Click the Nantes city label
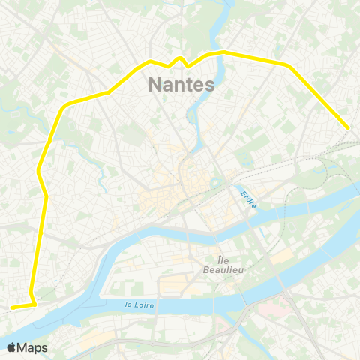pyautogui.click(x=182, y=84)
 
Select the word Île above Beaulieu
pyautogui.click(x=223, y=258)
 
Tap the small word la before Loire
pyautogui.click(x=128, y=304)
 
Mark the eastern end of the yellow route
pyautogui.click(x=349, y=128)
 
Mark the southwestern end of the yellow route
pyautogui.click(x=11, y=307)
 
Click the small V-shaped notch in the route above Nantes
pyautogui.click(x=180, y=58)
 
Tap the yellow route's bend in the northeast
pyautogui.click(x=289, y=66)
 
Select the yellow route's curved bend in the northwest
pyautogui.click(x=64, y=106)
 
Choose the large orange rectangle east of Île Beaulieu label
pyautogui.click(x=281, y=257)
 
